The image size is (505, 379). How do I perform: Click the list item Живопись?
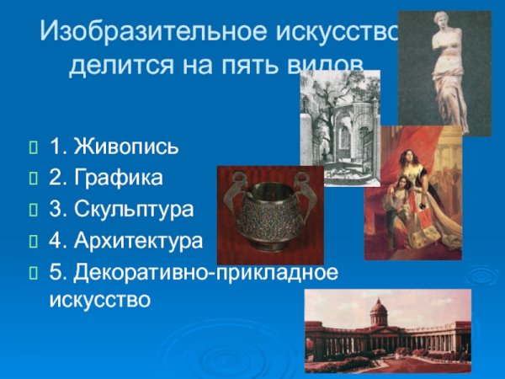[x=125, y=149]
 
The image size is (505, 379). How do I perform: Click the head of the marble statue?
[x=446, y=25]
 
